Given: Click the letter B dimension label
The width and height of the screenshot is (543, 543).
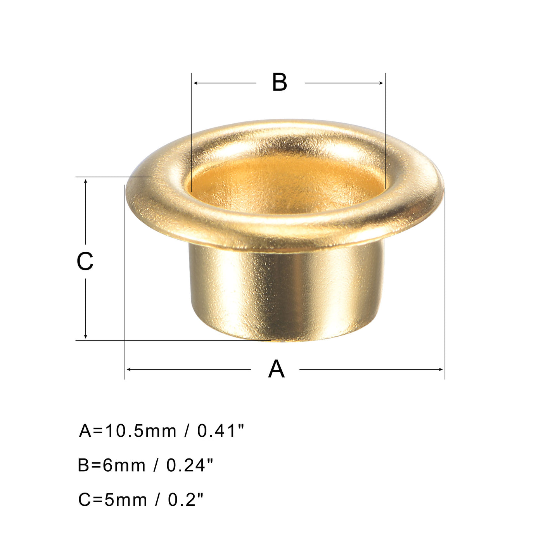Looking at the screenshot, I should tap(279, 82).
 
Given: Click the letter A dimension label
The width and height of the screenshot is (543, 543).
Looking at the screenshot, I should tap(276, 369).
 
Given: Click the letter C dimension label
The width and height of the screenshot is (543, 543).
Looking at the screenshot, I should tap(85, 261).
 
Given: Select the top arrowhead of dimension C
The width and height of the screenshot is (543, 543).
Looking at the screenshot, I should tap(86, 181).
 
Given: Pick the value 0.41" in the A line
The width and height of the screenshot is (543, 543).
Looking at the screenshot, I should tap(221, 431).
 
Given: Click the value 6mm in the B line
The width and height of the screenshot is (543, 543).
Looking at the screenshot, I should tap(124, 465).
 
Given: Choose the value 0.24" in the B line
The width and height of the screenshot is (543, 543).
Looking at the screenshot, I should tap(190, 465).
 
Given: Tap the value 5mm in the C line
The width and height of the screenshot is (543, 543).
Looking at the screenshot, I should tap(126, 500).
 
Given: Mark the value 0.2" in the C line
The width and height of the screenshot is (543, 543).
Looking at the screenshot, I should tap(185, 500).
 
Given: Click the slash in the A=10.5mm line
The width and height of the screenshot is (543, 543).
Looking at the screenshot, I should tap(187, 431).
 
